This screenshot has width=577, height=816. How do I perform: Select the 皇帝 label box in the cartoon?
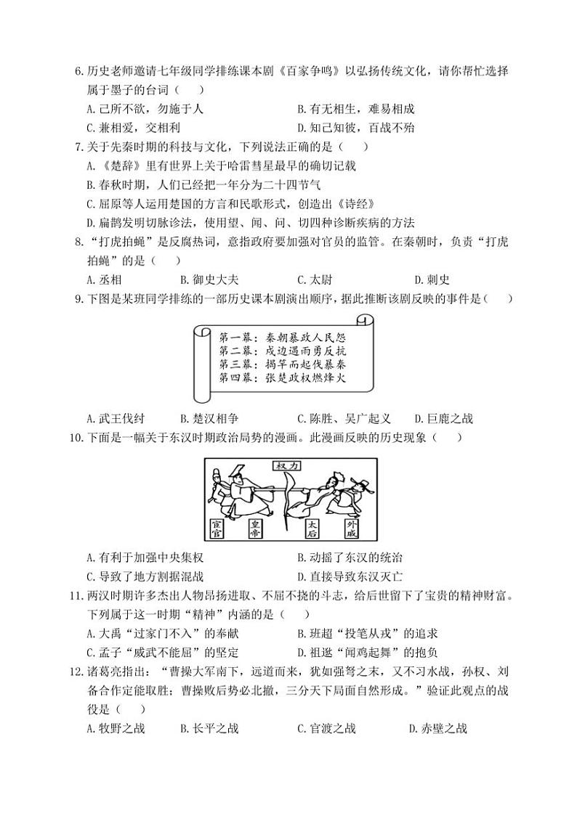tap(255, 528)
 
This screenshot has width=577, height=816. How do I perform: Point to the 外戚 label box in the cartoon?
tap(352, 528)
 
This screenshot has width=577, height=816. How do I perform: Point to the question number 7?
tap(79, 146)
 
